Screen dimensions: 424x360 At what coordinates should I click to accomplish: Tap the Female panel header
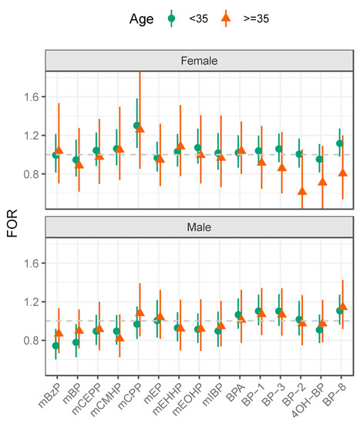[198, 60]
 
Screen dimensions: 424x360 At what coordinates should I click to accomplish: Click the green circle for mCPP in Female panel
[136, 126]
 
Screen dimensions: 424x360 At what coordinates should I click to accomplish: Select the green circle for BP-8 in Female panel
[339, 143]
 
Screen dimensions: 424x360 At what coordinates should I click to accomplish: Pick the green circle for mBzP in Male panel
[56, 346]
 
